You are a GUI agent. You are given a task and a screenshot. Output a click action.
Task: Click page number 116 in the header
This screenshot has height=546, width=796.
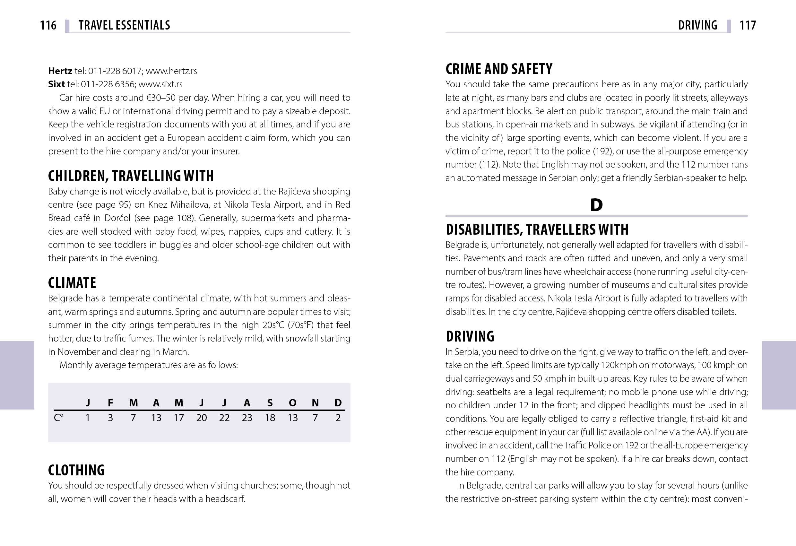48,25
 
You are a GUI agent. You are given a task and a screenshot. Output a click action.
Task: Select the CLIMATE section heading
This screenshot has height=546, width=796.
72,283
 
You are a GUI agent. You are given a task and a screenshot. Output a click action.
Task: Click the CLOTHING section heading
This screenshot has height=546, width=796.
76,470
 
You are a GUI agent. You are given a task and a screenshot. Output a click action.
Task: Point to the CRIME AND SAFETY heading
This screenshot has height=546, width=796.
499,69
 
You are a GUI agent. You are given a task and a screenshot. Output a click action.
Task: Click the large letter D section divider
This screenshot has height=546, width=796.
596,205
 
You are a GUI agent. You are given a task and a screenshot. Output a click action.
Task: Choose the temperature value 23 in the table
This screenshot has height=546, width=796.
247,418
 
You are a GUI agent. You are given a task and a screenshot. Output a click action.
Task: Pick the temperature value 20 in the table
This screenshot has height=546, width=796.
201,418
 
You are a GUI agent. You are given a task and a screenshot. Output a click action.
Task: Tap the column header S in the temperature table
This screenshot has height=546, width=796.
270,403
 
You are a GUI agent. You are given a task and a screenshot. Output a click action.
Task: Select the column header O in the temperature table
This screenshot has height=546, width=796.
292,403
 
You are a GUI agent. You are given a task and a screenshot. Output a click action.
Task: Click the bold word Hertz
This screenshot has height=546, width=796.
60,71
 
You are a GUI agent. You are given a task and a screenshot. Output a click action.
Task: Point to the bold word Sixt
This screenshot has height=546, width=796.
56,84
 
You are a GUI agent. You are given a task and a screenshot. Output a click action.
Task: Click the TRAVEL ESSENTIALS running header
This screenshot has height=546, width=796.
124,25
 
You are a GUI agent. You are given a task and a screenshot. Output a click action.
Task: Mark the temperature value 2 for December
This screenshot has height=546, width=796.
338,418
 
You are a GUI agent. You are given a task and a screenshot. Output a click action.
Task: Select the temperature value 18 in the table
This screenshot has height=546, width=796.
270,418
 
